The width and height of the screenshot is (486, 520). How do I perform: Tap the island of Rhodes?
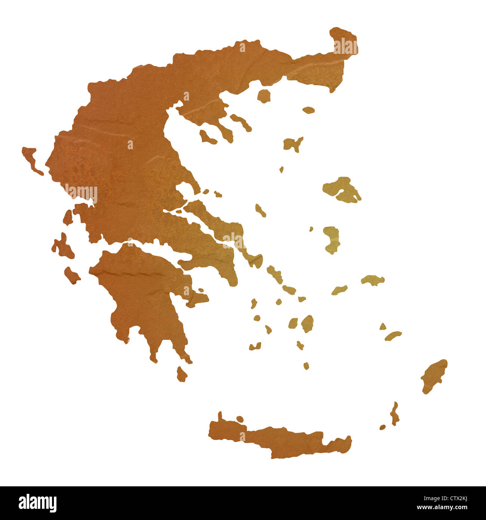click(x=434, y=376)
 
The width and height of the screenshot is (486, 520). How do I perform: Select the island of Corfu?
click(x=31, y=159)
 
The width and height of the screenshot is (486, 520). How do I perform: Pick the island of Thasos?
click(x=264, y=96)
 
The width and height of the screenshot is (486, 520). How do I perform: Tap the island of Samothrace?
click(x=308, y=110)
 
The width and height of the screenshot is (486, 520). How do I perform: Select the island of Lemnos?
click(x=293, y=144)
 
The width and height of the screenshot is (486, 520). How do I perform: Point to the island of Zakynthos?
click(x=72, y=275)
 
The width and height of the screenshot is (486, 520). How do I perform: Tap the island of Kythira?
click(x=182, y=374)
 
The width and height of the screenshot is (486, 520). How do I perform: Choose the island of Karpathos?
click(x=394, y=414)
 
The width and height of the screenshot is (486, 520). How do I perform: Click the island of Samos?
click(x=373, y=280)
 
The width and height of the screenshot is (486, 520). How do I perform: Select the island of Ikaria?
click(x=339, y=290)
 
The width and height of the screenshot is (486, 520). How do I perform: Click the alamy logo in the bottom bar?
click(x=37, y=503)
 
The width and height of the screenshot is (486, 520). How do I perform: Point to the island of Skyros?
click(x=261, y=210)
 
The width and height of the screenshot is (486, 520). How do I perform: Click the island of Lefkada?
click(x=68, y=217)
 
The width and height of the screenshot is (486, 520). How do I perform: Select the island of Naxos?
click(x=307, y=323)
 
